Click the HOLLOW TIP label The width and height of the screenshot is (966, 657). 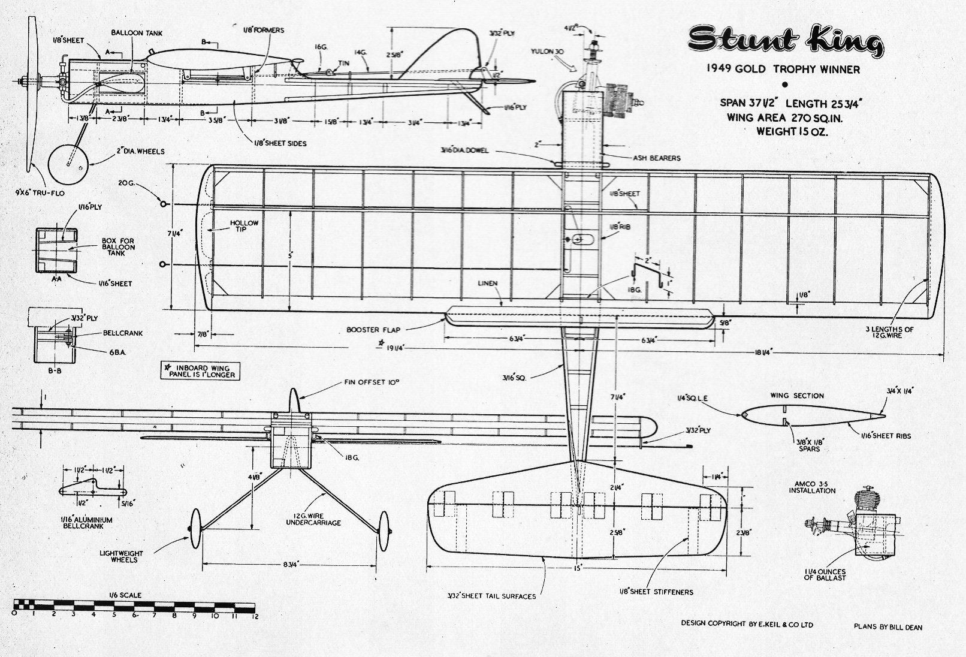click(x=244, y=227)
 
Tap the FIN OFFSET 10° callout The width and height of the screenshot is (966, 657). click(x=372, y=381)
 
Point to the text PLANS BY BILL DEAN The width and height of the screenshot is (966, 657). click(x=887, y=628)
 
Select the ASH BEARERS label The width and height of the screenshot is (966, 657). click(x=657, y=158)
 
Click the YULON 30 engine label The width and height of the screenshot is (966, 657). click(x=548, y=52)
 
